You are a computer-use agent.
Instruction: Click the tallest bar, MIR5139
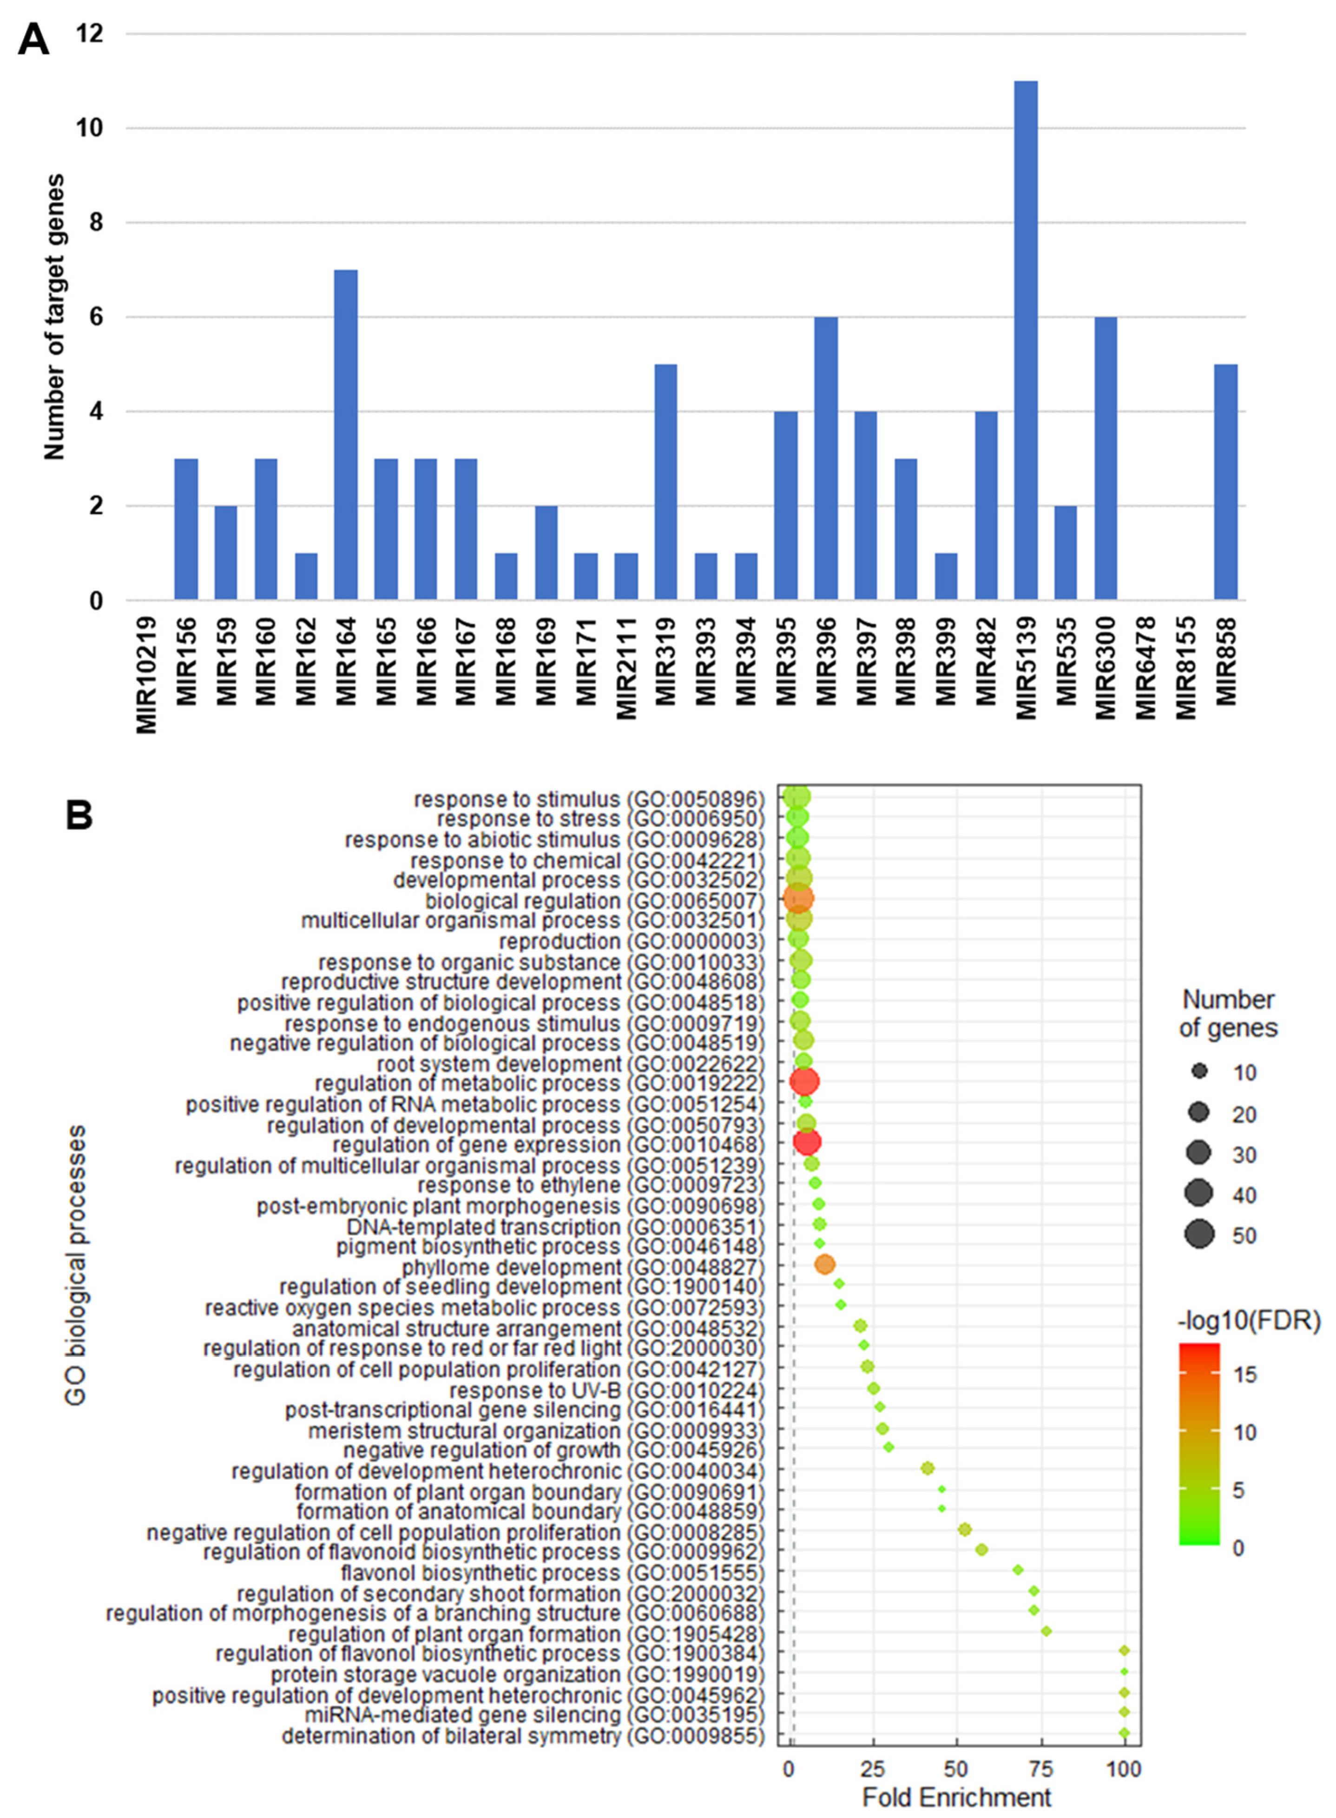click(1026, 340)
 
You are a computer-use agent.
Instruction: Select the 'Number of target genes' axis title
click(55, 317)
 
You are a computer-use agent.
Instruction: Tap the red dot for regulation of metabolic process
click(804, 1081)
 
